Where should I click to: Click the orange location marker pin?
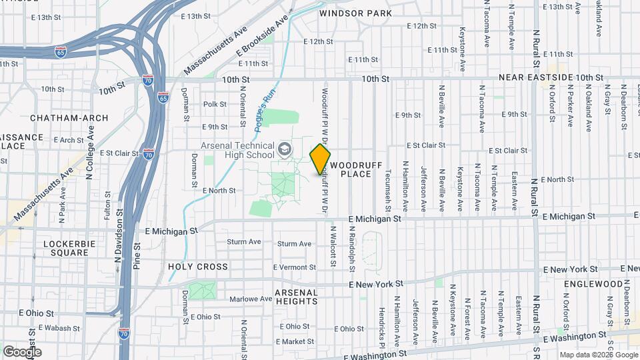(x=320, y=159)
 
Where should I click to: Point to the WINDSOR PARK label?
(x=355, y=13)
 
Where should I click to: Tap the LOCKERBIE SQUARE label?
(x=66, y=249)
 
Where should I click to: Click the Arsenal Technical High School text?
(x=237, y=151)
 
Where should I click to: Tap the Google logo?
(x=22, y=352)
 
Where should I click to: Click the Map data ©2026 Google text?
(x=598, y=355)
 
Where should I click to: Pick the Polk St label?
(x=215, y=104)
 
